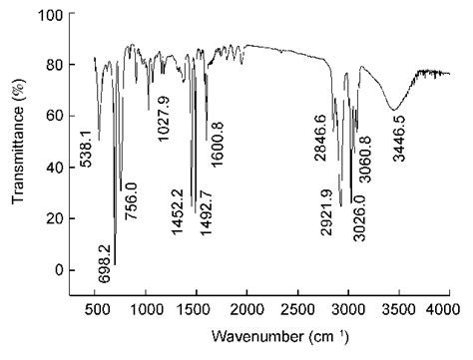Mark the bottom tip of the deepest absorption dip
115,264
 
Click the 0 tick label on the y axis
58,270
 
